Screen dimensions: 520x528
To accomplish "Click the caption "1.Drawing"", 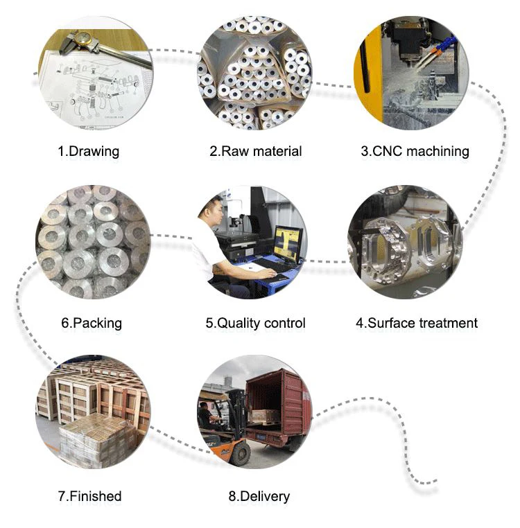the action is pos(88,151).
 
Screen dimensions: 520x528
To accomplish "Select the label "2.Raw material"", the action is pos(256,151).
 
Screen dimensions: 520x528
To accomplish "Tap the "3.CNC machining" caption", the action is pos(415,151).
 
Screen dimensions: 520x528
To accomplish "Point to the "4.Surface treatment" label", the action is pos(417,323).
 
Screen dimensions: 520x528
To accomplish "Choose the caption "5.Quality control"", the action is pos(255,323).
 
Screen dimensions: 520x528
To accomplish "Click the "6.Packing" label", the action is pos(92,323).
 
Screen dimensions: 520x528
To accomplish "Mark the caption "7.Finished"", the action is pos(89,496).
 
